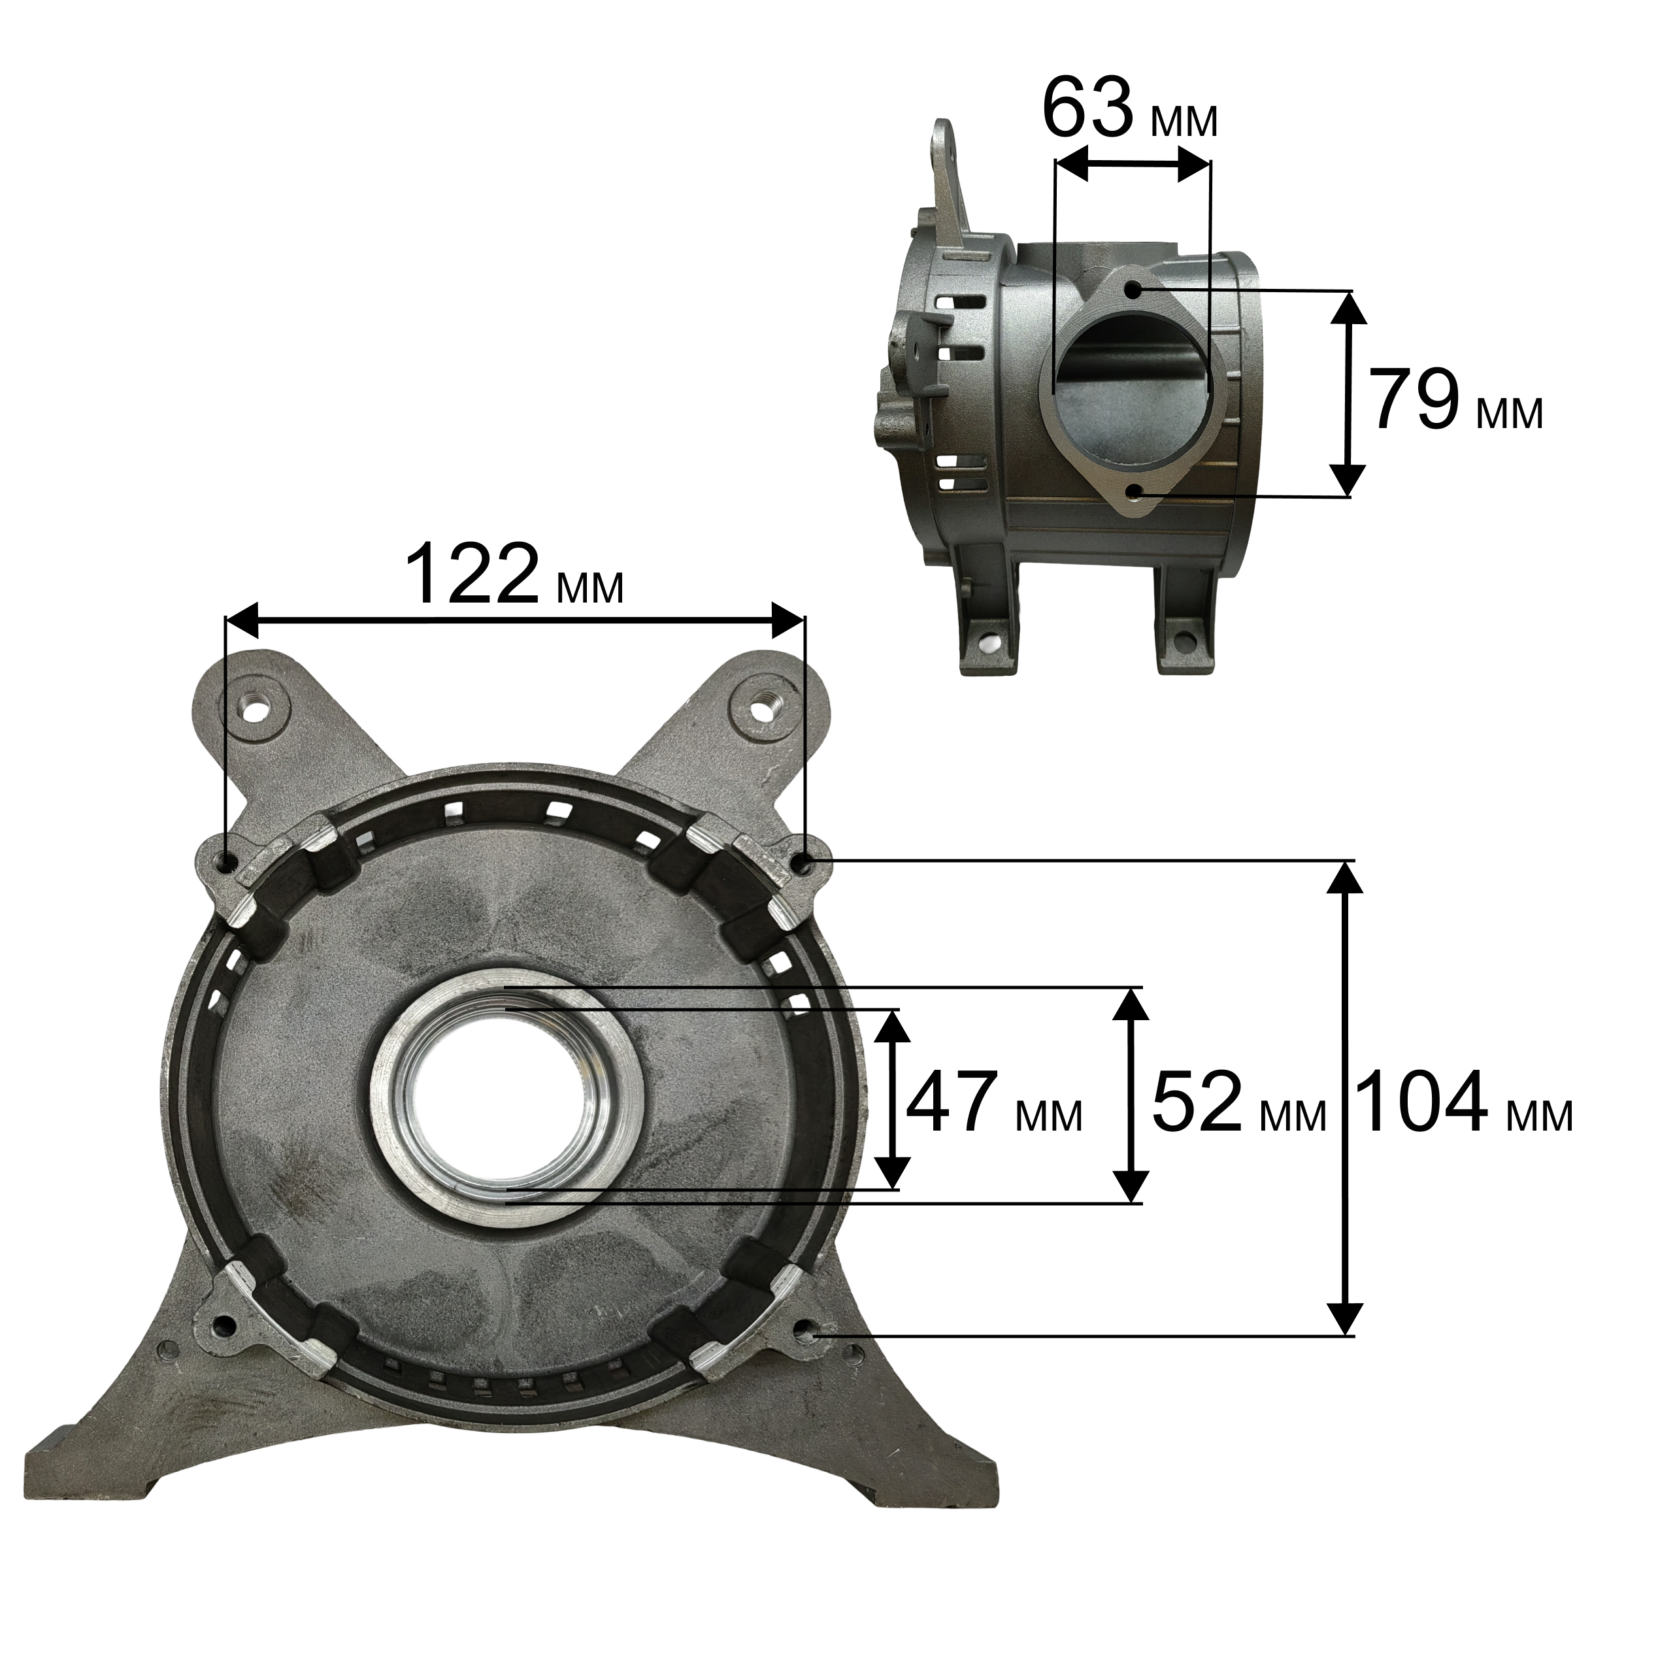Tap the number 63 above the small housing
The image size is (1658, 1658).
click(1087, 108)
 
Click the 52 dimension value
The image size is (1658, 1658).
click(1197, 1102)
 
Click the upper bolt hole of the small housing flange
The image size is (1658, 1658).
click(1134, 290)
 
